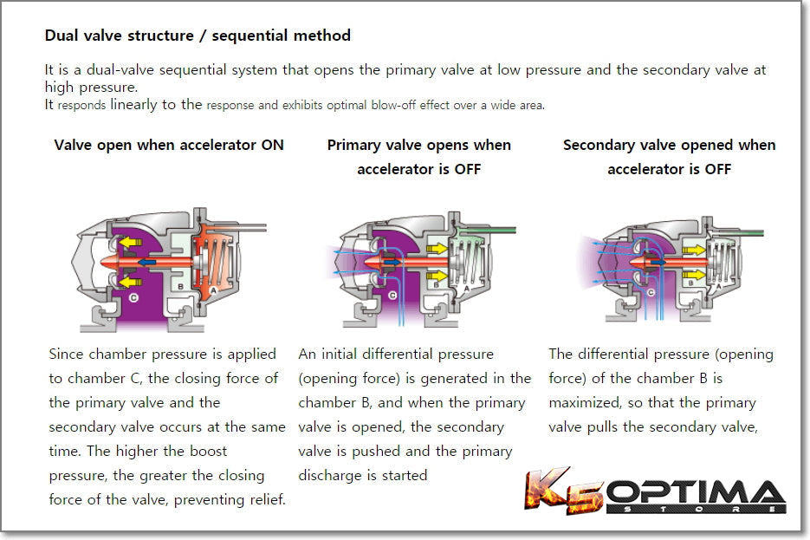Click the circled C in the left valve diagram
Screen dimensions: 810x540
133,297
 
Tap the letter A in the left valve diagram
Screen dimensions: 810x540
213,290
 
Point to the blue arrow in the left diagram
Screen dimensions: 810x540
146,262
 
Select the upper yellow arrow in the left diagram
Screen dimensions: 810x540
130,242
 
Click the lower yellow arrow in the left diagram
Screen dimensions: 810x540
130,282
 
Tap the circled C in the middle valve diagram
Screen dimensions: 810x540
392,295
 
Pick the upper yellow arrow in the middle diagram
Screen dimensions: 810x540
437,249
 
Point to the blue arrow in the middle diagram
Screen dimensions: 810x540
392,263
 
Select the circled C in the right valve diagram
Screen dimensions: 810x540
651,292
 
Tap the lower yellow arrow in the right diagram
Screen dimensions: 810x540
694,274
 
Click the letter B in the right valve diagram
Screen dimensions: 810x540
690,283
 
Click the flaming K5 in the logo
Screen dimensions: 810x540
564,491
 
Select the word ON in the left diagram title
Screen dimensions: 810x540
272,145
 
